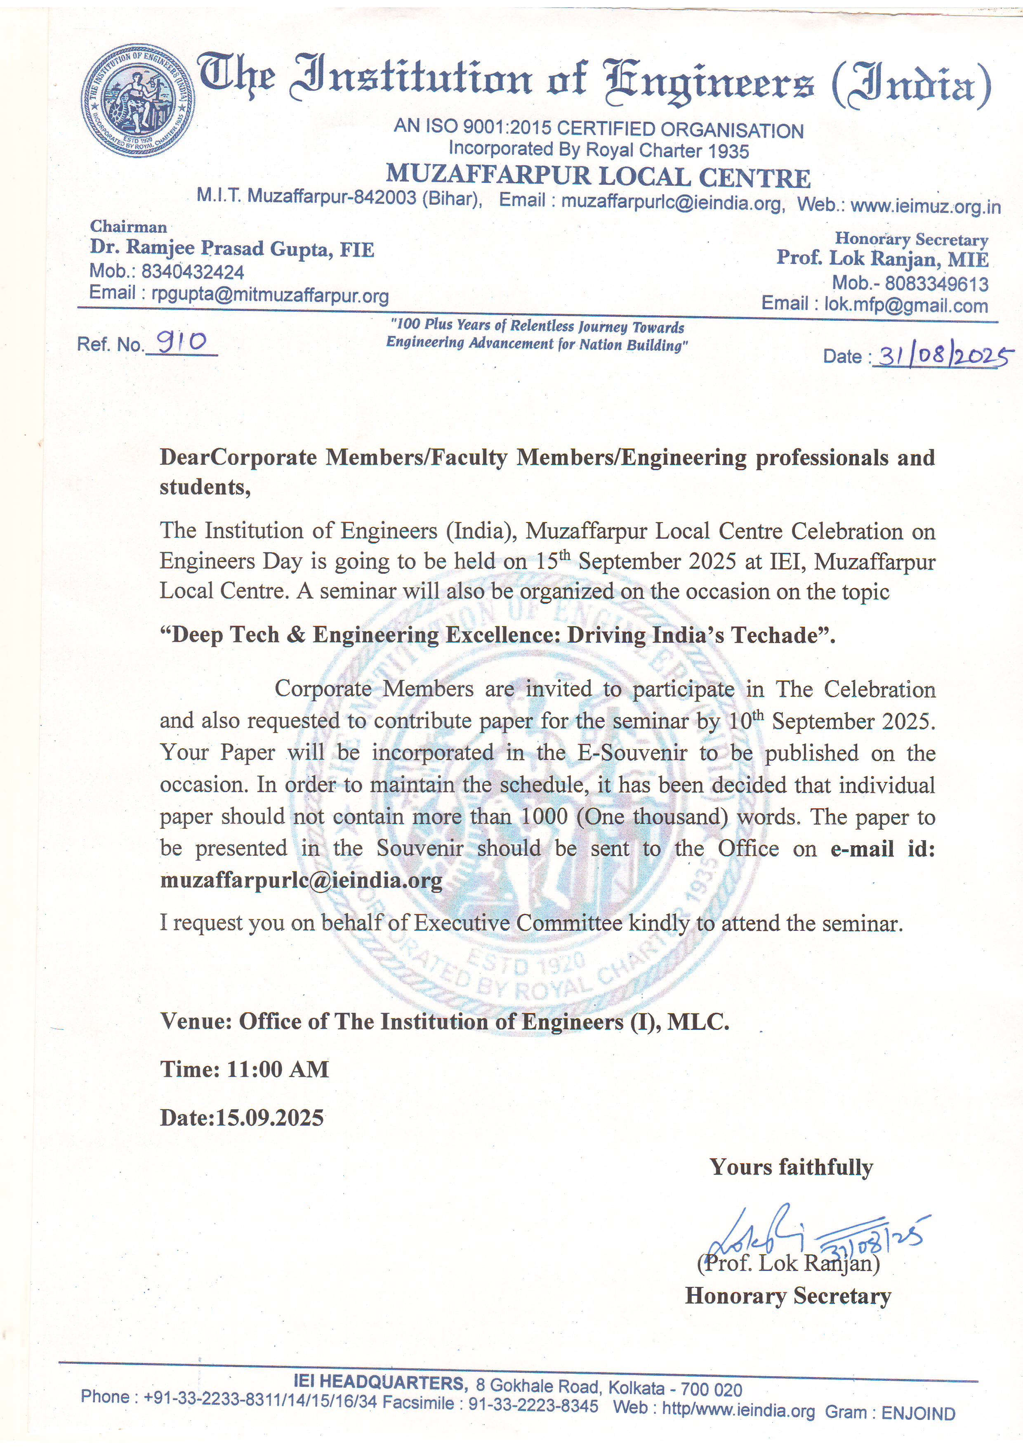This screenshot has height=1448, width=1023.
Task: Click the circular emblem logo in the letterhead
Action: click(137, 101)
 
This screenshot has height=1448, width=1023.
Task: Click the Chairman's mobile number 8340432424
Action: click(192, 272)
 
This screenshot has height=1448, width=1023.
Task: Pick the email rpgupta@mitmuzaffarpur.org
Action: click(270, 295)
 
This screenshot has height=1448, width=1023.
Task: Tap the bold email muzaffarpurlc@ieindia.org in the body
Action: click(301, 880)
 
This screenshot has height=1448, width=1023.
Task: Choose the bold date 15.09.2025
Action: click(270, 1117)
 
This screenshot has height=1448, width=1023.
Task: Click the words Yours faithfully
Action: click(791, 1167)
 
